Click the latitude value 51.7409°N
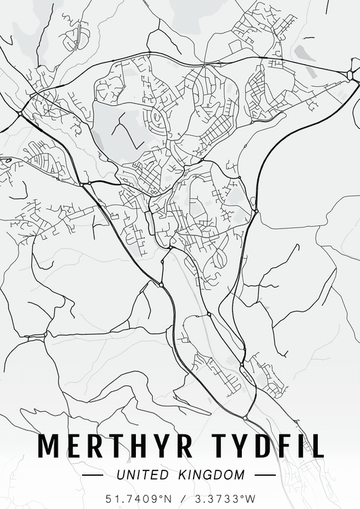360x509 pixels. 137,499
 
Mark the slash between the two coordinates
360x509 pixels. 179,499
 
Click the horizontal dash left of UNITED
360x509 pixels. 93,476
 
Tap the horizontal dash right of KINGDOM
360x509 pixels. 265,476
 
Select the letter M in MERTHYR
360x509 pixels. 49,445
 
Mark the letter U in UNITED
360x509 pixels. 121,475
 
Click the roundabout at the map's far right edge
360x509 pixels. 351,74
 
